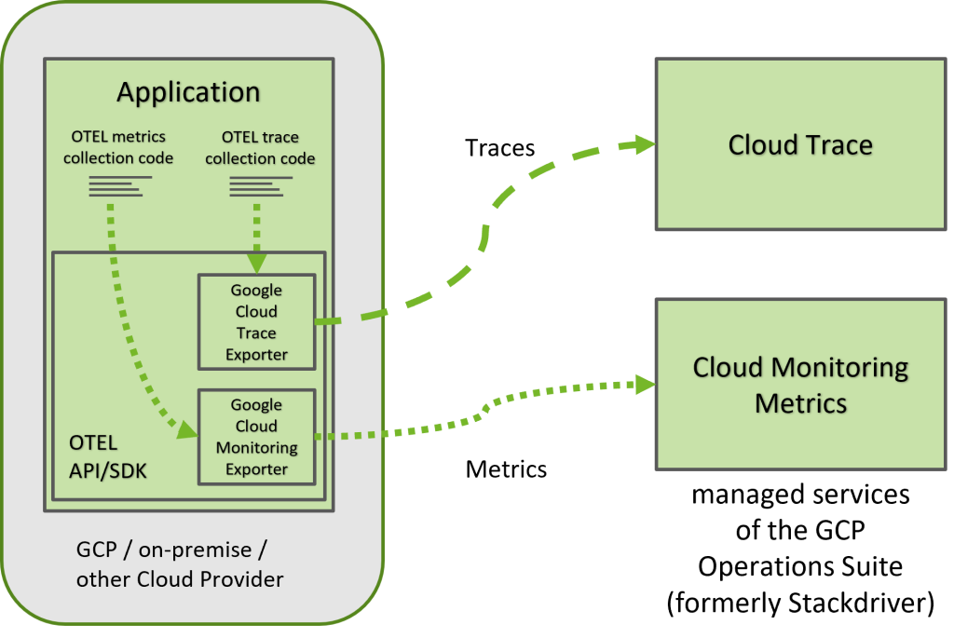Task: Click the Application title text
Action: (188, 92)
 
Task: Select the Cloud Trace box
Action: (800, 144)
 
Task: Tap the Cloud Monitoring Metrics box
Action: (800, 384)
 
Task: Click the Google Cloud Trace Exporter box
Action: (256, 321)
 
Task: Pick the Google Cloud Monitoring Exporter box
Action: (256, 436)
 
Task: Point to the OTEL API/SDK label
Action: (107, 456)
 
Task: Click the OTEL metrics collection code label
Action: (118, 147)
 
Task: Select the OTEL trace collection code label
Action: (260, 147)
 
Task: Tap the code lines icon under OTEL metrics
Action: (117, 187)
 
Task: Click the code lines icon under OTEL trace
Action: (256, 187)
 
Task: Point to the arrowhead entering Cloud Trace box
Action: (642, 143)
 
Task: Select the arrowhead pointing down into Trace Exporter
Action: (256, 263)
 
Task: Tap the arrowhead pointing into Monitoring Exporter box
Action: (187, 430)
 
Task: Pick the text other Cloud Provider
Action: (180, 579)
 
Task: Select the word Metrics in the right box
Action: (800, 402)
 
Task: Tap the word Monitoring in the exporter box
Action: (256, 447)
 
